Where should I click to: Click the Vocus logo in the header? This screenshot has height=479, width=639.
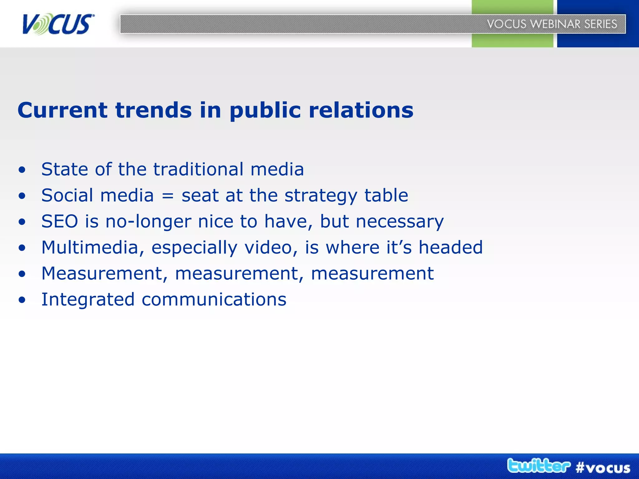[58, 24]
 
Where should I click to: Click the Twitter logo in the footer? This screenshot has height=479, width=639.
[539, 466]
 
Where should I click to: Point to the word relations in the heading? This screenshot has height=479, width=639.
[361, 110]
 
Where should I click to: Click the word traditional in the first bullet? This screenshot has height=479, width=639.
[198, 169]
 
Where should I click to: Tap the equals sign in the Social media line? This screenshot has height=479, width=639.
[168, 196]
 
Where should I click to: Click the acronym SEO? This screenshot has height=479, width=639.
[60, 221]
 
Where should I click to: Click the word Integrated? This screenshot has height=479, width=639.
[88, 300]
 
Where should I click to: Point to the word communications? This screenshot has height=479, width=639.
[214, 300]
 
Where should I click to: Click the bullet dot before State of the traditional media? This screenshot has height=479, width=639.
[22, 170]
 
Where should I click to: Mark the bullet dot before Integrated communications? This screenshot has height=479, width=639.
[22, 300]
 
